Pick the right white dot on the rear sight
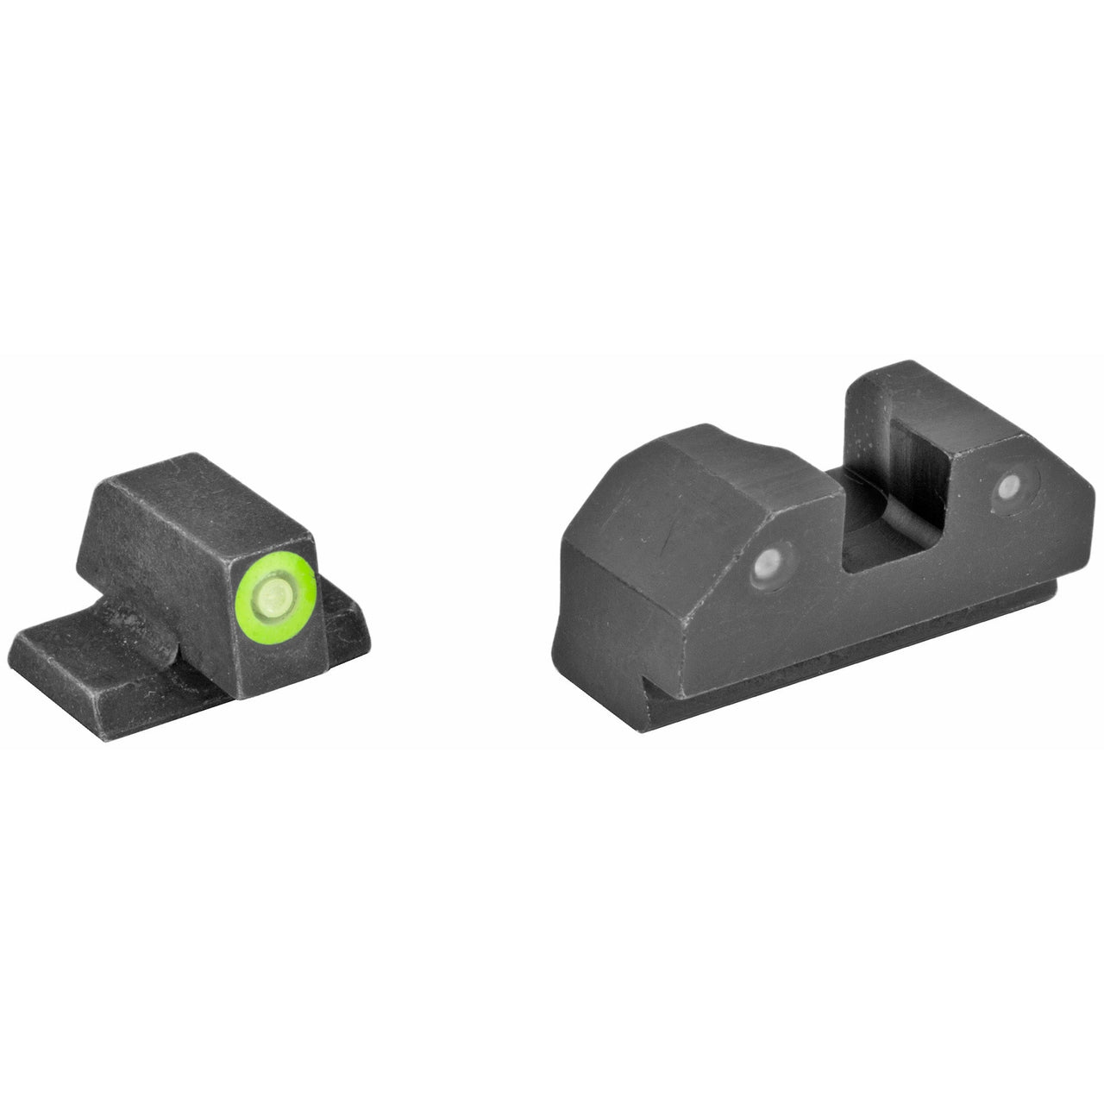(1004, 492)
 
